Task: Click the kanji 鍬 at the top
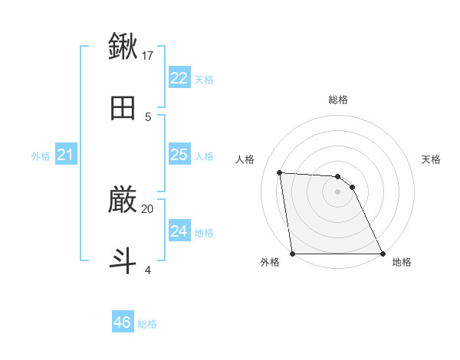point(123,47)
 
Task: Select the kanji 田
point(123,108)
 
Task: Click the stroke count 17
point(148,55)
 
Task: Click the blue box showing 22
point(179,78)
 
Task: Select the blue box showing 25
point(179,155)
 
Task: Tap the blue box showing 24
point(179,231)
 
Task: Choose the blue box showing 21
point(65,155)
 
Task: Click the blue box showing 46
point(123,322)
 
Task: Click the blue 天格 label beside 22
point(204,80)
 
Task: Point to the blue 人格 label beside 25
point(204,156)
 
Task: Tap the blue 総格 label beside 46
point(147,324)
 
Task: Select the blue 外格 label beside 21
point(41,156)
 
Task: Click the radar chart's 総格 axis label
point(338,100)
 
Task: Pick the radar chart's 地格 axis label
point(402,262)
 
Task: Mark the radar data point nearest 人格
point(280,172)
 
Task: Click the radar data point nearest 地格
point(383,254)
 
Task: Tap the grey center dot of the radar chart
point(338,191)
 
